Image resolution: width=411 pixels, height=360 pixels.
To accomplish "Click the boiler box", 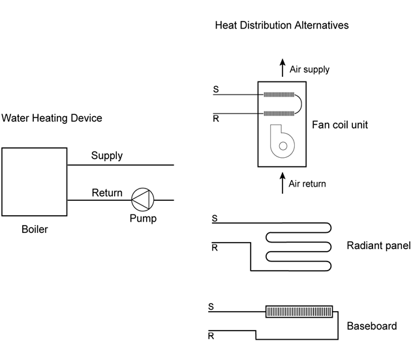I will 34,181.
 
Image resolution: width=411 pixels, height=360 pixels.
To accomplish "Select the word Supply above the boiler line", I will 107,156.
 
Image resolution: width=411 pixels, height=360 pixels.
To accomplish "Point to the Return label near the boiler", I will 107,192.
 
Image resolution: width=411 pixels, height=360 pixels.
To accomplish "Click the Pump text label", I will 142,218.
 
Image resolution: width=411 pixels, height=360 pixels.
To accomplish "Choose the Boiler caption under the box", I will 35,229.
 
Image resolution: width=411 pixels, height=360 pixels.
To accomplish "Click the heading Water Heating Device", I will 52,118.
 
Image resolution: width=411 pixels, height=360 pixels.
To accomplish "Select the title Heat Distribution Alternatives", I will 282,25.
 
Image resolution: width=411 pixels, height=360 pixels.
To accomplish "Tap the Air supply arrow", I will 282,67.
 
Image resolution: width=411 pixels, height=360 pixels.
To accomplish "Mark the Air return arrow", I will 282,183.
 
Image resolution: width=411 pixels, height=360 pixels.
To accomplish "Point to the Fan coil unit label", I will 341,124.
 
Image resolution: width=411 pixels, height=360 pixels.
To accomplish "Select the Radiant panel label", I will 378,246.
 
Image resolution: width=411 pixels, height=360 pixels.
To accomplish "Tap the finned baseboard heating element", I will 299,312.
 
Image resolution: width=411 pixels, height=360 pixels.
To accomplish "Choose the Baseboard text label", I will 371,326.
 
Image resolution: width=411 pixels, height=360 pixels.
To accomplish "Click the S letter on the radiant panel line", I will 215,218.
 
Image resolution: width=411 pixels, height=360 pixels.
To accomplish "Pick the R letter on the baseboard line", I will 211,337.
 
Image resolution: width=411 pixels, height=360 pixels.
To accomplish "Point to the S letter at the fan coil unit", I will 215,89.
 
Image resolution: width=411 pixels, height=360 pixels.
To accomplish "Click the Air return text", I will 307,184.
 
